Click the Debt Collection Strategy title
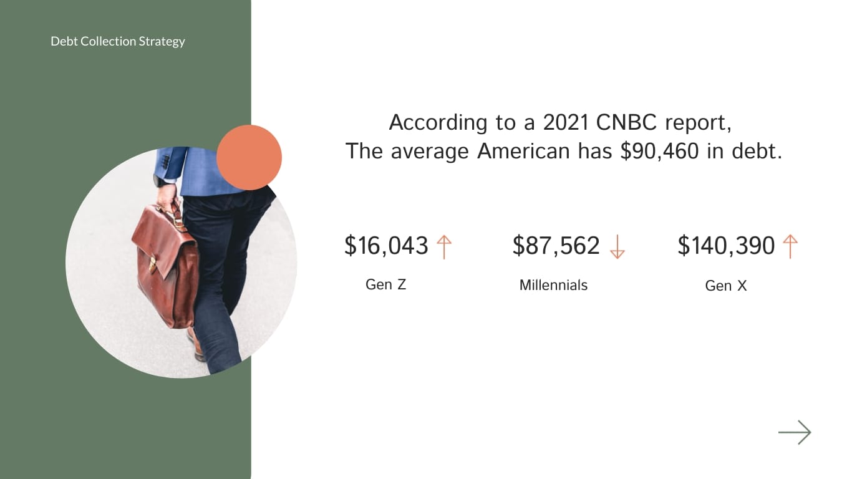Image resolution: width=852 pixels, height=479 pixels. point(118,41)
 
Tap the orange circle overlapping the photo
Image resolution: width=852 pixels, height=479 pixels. point(249,157)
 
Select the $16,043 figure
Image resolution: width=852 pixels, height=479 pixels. point(386,246)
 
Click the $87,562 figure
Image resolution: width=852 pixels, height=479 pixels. point(556,246)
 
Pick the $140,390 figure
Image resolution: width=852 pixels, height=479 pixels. point(726,246)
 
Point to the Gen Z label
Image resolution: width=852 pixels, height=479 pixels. point(385,284)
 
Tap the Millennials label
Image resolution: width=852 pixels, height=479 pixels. point(553,285)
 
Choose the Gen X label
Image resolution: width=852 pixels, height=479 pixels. point(725,286)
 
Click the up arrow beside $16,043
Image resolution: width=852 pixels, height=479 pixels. point(443,246)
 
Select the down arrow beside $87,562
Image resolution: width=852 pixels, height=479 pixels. point(617,246)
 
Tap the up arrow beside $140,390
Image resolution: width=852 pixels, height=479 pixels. point(790,246)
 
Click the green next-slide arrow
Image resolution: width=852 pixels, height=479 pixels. point(795,432)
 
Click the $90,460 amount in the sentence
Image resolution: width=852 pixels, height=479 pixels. point(659,151)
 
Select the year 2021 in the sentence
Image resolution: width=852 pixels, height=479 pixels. point(566,122)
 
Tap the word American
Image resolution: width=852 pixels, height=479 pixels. point(523,151)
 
